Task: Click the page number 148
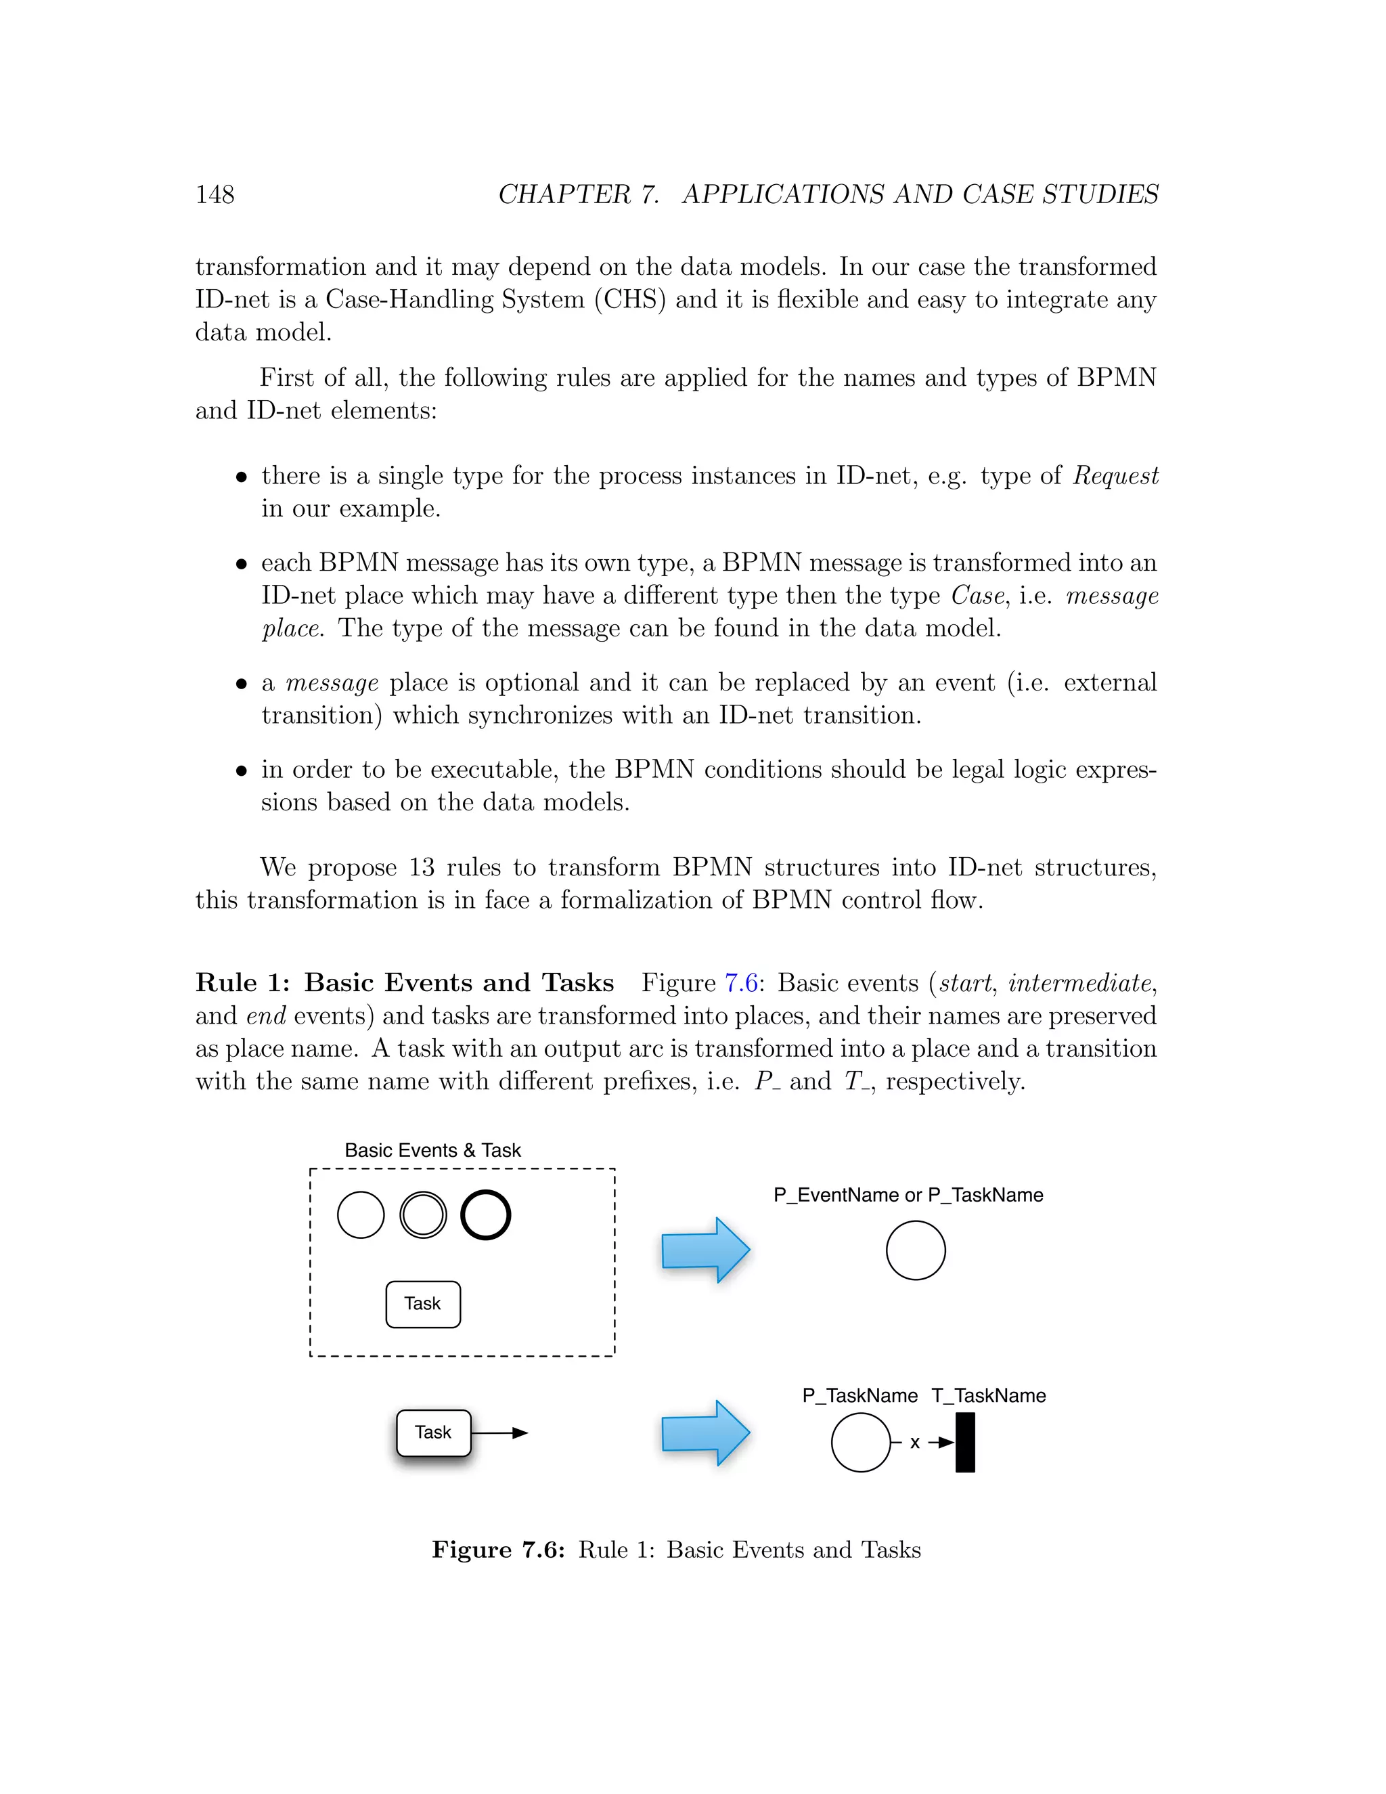click(215, 195)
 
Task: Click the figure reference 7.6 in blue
click(740, 983)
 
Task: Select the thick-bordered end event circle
click(485, 1215)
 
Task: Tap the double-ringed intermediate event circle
click(423, 1215)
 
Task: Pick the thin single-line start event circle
click(361, 1215)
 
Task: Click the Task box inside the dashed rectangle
click(423, 1305)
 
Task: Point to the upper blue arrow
click(705, 1250)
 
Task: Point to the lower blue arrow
click(705, 1433)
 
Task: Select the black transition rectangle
click(965, 1443)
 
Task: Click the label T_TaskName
click(989, 1396)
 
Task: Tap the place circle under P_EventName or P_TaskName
click(916, 1250)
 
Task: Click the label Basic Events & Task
click(432, 1150)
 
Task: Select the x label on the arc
click(915, 1443)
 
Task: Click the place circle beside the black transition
click(861, 1443)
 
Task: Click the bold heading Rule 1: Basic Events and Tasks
click(404, 983)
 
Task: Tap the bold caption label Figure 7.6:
click(497, 1550)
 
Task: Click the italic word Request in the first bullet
click(1115, 476)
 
